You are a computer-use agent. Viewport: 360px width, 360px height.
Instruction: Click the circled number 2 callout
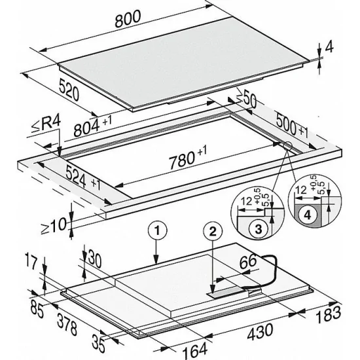(x=212, y=230)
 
